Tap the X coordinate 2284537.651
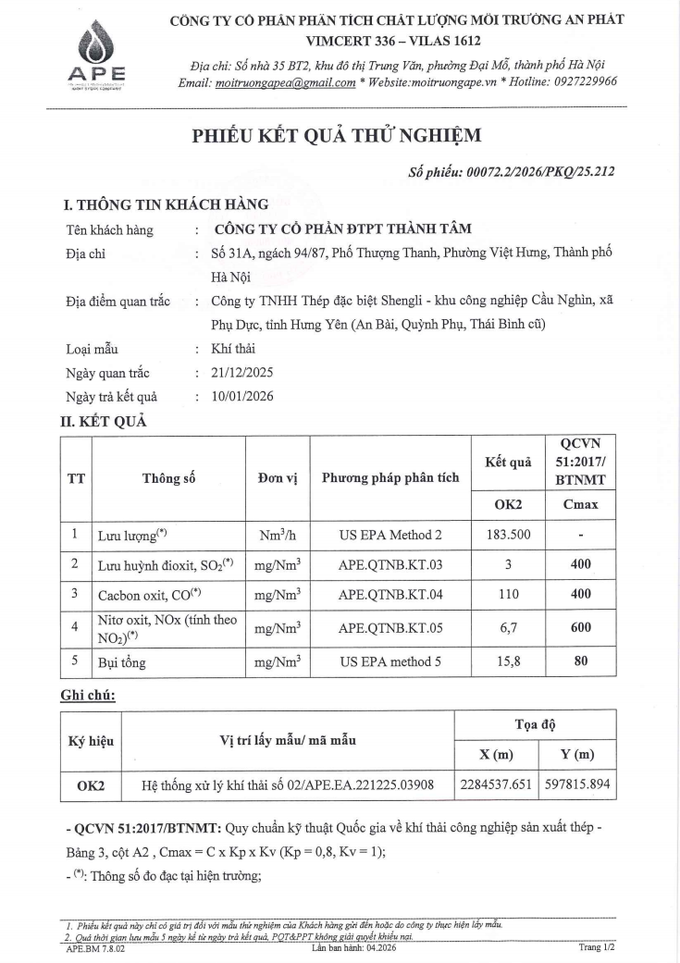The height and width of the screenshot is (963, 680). click(x=496, y=785)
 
